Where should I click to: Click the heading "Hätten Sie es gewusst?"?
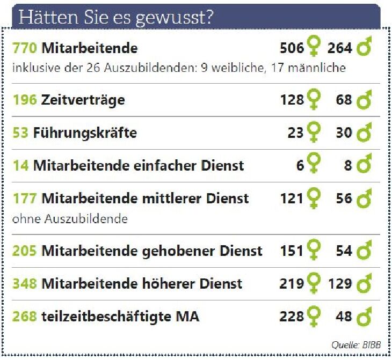[x=116, y=17]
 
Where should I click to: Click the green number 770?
[x=24, y=48]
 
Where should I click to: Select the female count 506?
[x=292, y=48]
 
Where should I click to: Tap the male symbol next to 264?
[x=365, y=48]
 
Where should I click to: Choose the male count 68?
[x=344, y=100]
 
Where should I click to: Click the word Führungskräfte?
[x=85, y=133]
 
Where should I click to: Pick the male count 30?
[x=344, y=133]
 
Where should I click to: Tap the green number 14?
[x=20, y=166]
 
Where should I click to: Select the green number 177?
[x=24, y=199]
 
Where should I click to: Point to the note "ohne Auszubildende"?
[x=69, y=219]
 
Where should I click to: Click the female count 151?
[x=292, y=251]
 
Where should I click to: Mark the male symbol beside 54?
[x=365, y=250]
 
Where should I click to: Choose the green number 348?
[x=24, y=283]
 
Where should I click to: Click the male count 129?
[x=340, y=283]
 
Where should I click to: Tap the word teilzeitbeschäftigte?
[x=103, y=317]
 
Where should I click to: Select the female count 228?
[x=292, y=317]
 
